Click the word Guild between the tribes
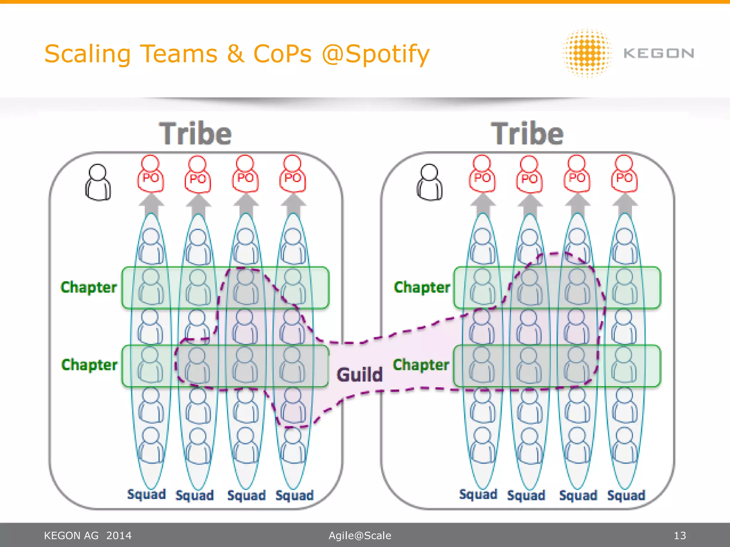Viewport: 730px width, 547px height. [359, 375]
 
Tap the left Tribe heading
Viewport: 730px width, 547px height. [195, 134]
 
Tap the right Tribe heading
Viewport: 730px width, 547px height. [527, 134]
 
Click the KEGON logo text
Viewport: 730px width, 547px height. [658, 53]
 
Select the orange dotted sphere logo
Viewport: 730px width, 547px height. [587, 53]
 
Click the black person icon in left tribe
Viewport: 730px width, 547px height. [98, 182]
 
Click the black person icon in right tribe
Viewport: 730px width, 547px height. [429, 182]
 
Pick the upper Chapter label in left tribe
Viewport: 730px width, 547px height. [89, 287]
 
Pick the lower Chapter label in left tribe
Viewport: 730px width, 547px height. [89, 365]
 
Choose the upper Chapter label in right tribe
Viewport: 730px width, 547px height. [422, 287]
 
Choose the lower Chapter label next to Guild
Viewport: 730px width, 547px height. [421, 365]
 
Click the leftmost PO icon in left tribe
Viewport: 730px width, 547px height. [150, 174]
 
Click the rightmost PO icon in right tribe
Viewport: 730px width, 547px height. [624, 174]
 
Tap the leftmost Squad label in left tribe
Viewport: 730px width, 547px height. [146, 494]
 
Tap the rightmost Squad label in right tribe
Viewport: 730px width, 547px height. [626, 495]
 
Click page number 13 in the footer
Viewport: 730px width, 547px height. [680, 536]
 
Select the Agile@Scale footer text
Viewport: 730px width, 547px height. [360, 536]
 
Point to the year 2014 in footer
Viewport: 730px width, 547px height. [119, 536]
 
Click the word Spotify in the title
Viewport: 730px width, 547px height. [387, 54]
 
